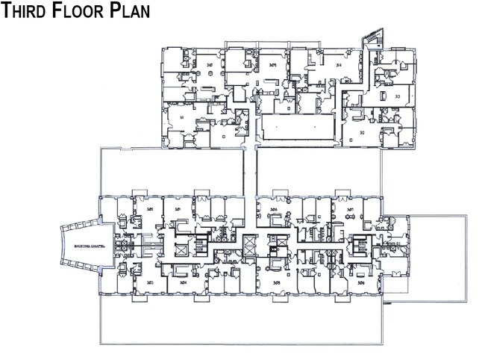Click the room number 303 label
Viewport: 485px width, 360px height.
click(x=150, y=282)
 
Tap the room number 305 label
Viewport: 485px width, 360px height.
click(x=278, y=283)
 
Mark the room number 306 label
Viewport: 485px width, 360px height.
click(x=360, y=283)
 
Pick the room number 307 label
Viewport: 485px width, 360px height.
click(x=351, y=210)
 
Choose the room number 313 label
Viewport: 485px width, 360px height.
click(x=397, y=97)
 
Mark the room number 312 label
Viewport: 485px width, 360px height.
click(x=362, y=133)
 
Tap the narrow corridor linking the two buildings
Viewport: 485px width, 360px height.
click(x=251, y=170)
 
